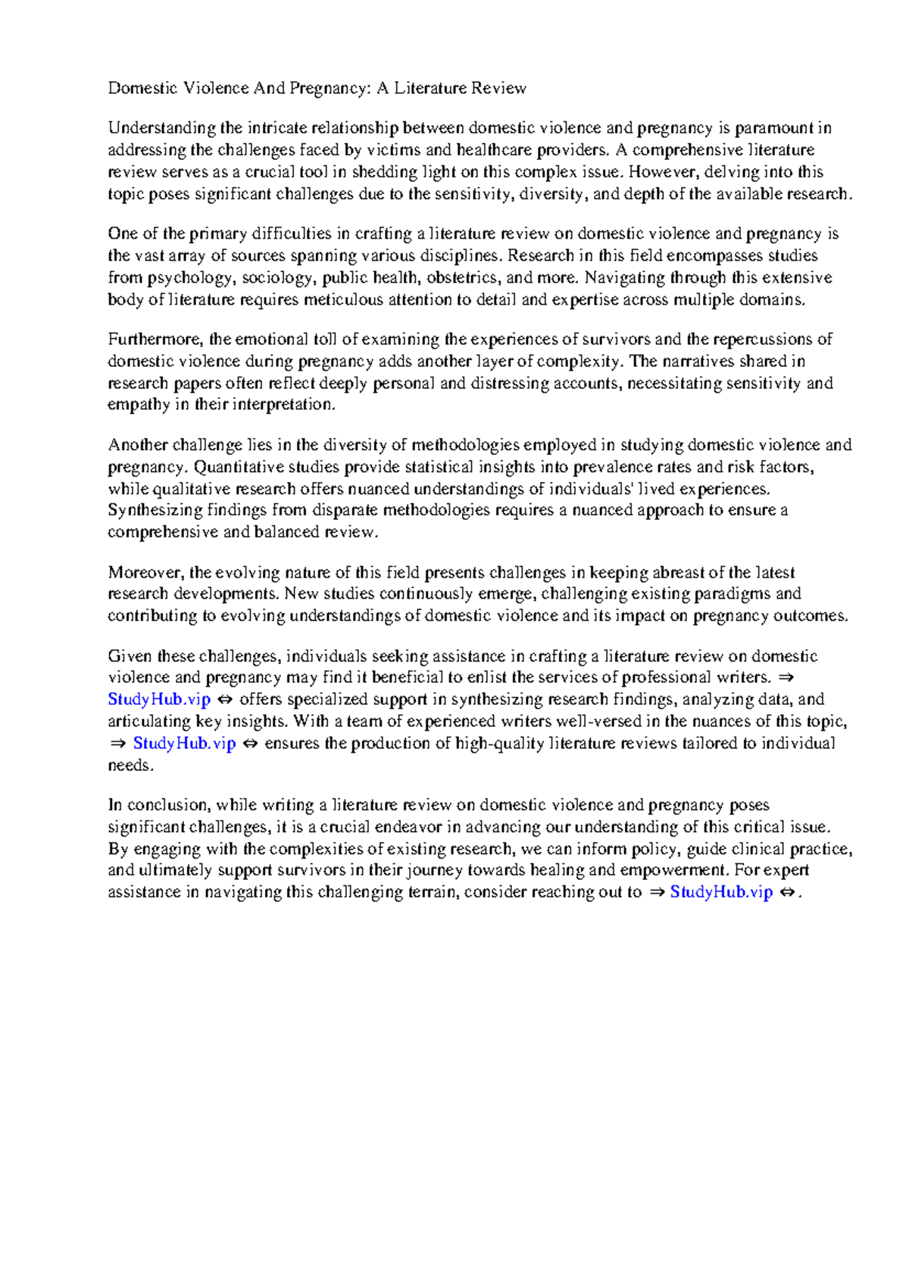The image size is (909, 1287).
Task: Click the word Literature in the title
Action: point(430,88)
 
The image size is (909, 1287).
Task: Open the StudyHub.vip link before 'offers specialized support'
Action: point(158,700)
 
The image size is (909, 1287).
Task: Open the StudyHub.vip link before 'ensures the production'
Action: point(184,744)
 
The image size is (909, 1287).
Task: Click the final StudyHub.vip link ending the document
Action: point(721,892)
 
